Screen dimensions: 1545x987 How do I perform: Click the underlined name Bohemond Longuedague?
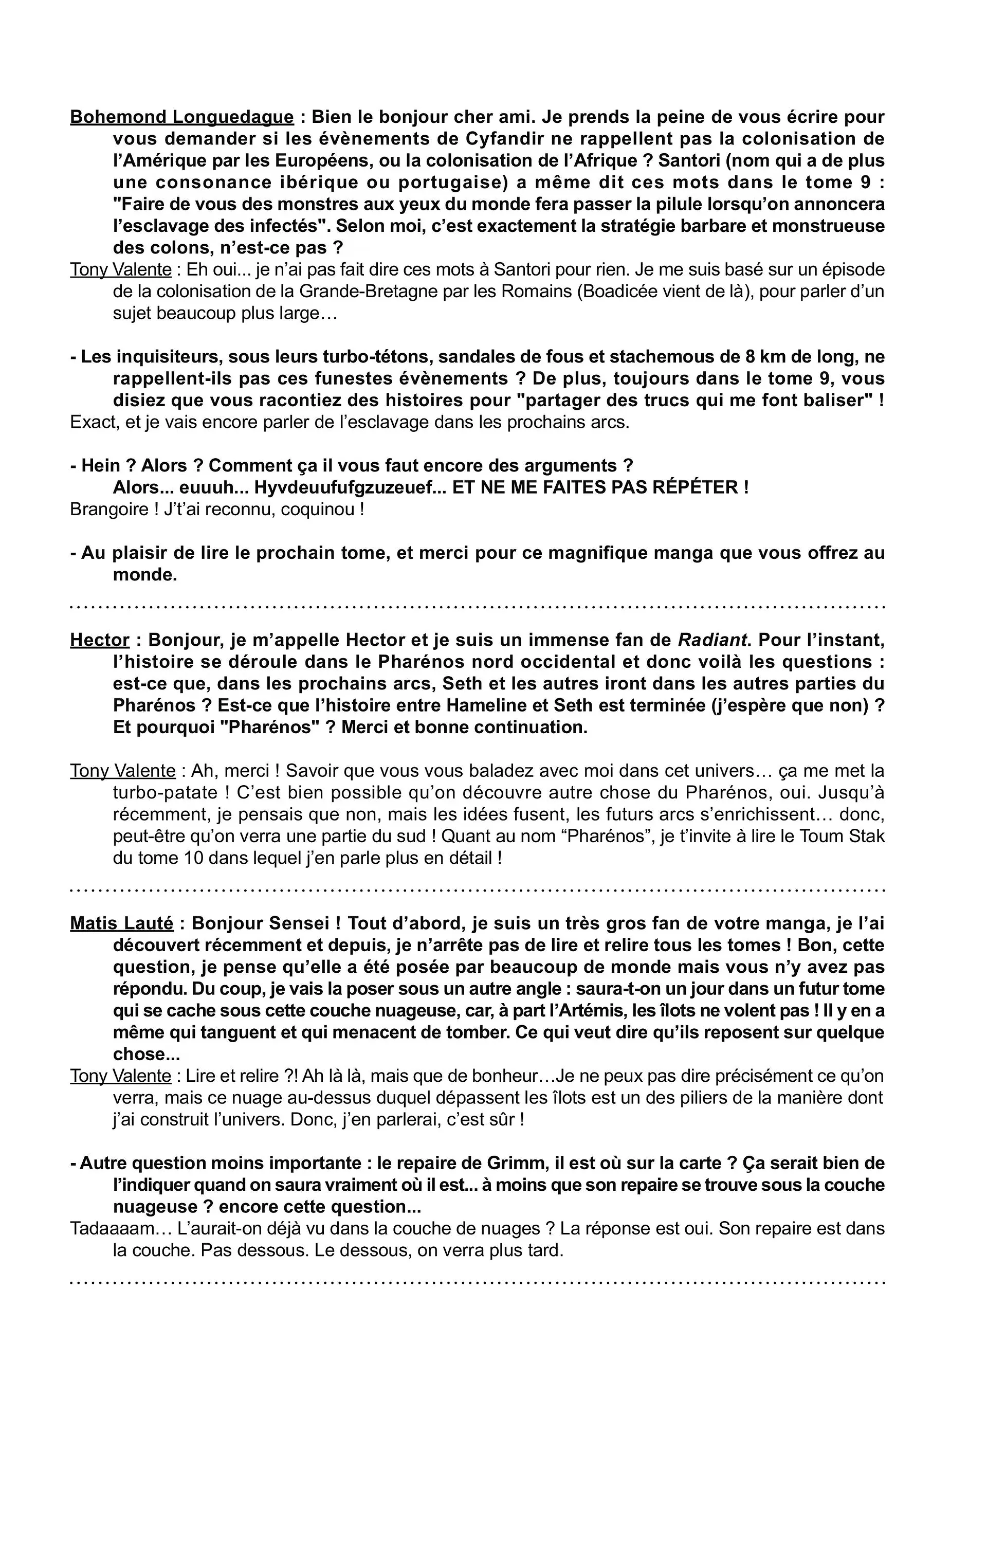click(x=181, y=117)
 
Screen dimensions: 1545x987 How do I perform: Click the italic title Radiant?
click(x=713, y=640)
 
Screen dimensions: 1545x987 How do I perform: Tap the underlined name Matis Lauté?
click(x=121, y=924)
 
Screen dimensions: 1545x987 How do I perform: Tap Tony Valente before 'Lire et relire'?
click(x=121, y=1077)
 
